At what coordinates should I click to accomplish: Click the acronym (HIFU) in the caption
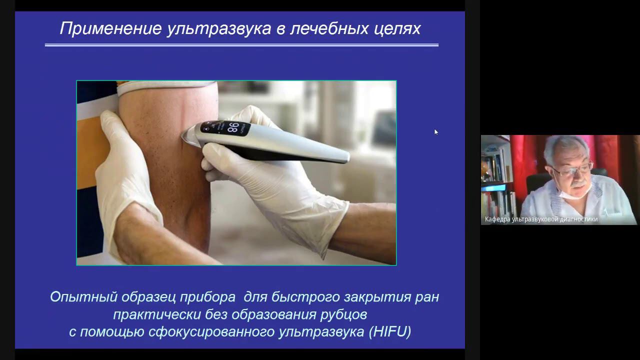389,331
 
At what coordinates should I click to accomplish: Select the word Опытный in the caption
77,297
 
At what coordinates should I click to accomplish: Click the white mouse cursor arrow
435,131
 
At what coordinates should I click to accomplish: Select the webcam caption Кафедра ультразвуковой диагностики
541,219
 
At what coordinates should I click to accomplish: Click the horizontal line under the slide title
241,45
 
